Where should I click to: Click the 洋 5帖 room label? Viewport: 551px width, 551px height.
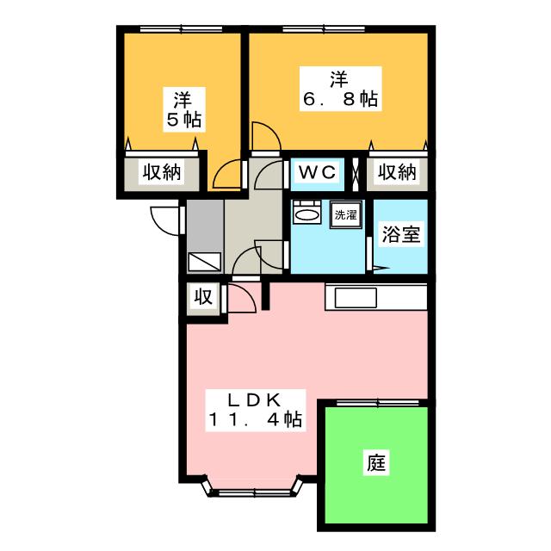click(x=180, y=108)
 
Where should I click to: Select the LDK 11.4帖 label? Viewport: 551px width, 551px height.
click(x=254, y=410)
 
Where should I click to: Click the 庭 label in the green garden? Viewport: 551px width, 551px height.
click(x=377, y=463)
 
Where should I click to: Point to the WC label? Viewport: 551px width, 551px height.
click(x=316, y=172)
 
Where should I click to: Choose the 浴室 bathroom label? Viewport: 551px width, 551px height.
click(x=402, y=234)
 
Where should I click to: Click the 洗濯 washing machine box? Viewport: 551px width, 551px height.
click(x=347, y=214)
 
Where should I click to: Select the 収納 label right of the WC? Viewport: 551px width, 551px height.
click(x=396, y=172)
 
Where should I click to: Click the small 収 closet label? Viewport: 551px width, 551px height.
click(x=203, y=299)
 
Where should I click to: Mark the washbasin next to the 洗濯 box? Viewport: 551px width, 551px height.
click(x=306, y=213)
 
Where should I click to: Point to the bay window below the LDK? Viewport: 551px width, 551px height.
click(x=254, y=492)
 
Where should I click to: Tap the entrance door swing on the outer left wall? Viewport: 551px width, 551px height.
click(x=164, y=219)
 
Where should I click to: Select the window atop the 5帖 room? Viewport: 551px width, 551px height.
click(x=179, y=30)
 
